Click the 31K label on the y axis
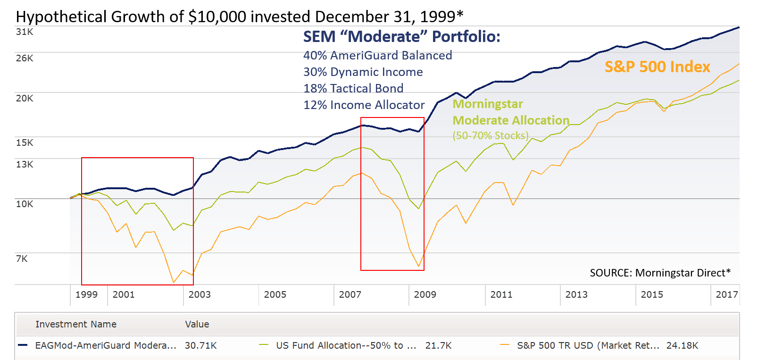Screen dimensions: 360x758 click(x=25, y=32)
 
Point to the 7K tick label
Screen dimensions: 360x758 click(x=22, y=259)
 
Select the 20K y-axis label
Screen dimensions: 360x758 click(x=25, y=98)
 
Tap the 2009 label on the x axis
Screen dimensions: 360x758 click(x=425, y=294)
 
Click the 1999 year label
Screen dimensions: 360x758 click(x=86, y=294)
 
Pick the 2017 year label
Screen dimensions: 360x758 click(x=726, y=294)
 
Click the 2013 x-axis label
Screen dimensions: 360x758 click(x=576, y=294)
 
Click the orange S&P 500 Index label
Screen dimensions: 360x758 click(x=657, y=67)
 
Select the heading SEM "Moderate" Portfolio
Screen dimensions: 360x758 click(x=401, y=37)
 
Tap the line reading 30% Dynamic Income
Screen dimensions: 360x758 click(x=363, y=72)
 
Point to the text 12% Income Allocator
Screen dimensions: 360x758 click(x=364, y=105)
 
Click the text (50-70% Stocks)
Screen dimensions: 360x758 click(x=491, y=136)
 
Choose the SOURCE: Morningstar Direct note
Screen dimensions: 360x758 click(x=660, y=273)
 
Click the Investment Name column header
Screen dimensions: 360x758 click(x=76, y=324)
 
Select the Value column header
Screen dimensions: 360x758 click(x=197, y=324)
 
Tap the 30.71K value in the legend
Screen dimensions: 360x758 click(x=200, y=345)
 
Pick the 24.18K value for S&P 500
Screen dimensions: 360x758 click(x=682, y=345)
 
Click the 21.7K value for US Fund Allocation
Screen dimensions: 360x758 click(x=438, y=345)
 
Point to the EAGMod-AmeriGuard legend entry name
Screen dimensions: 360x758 click(x=106, y=345)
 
